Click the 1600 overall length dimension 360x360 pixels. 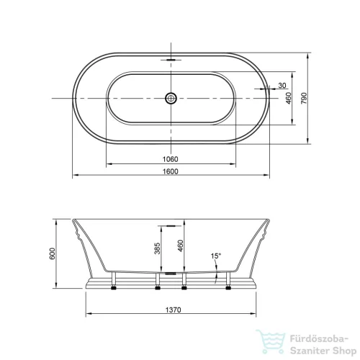tap(171, 171)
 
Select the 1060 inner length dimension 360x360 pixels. tap(171, 159)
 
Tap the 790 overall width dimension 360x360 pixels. tap(304, 98)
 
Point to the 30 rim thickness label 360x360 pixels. tap(282, 85)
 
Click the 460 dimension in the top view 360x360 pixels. tap(289, 98)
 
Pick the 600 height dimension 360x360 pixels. tap(52, 253)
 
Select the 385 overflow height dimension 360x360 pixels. tap(157, 248)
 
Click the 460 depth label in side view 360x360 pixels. tap(180, 246)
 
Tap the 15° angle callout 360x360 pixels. tap(215, 256)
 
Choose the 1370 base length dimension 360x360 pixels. tap(173, 310)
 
